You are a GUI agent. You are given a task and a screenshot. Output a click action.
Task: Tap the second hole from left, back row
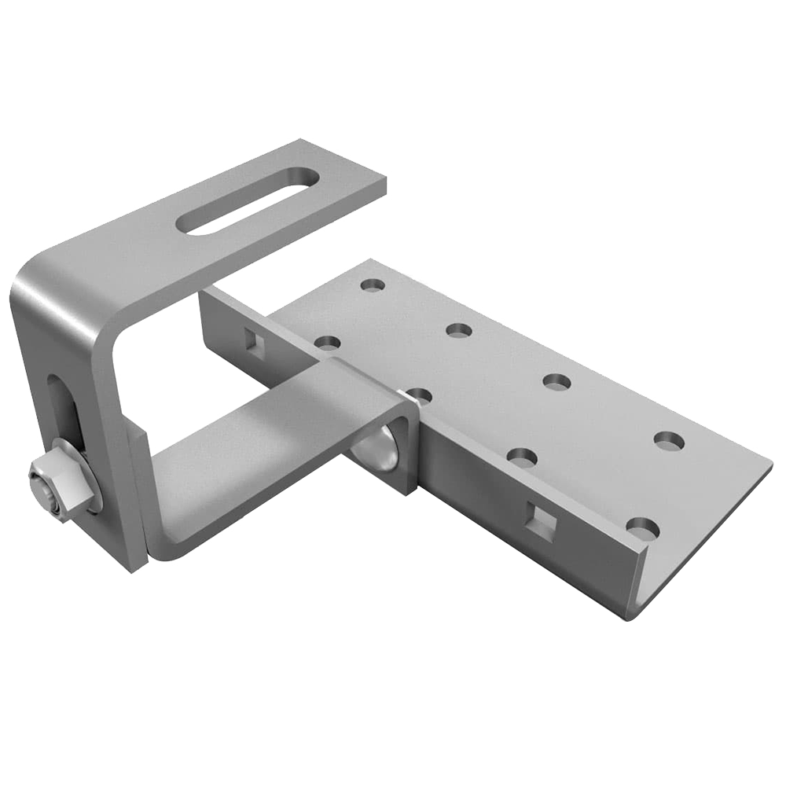tap(459, 329)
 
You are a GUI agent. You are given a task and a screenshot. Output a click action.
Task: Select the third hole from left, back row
tap(557, 382)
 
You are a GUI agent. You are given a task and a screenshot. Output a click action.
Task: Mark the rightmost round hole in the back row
tap(668, 441)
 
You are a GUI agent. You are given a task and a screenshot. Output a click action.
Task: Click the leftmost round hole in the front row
tap(328, 343)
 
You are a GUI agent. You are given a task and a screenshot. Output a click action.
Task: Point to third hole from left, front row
tap(521, 456)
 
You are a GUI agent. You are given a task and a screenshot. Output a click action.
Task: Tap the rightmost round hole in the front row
tap(642, 528)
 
